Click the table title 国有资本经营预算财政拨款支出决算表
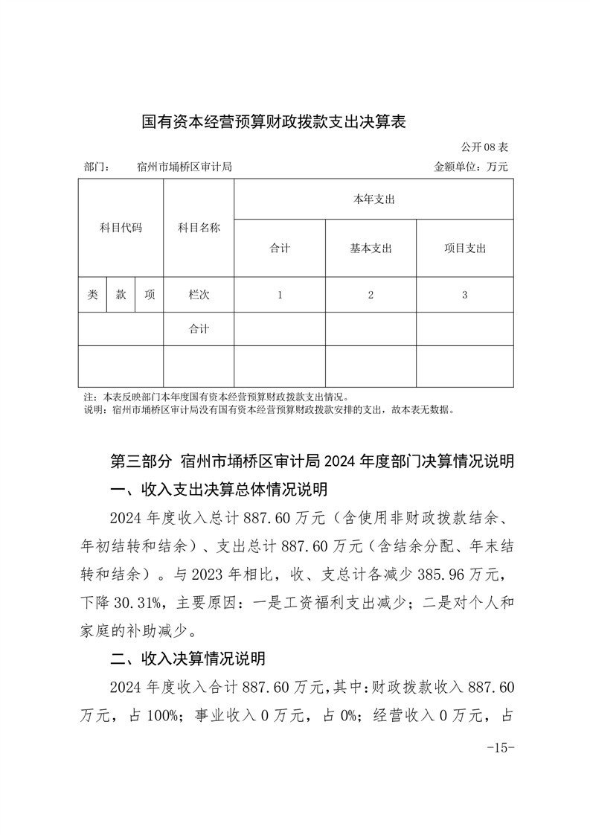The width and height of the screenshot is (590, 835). (x=273, y=122)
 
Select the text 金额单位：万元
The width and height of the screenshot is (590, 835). (x=470, y=167)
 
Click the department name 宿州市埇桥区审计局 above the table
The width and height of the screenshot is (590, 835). (x=185, y=167)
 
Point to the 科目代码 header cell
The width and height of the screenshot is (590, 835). (x=121, y=228)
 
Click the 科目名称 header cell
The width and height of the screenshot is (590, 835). (x=199, y=228)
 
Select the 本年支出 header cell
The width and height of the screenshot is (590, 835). (x=373, y=199)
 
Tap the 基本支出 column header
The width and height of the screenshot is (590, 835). (x=371, y=249)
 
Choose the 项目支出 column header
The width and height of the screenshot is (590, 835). (x=464, y=249)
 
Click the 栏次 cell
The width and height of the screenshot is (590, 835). (x=199, y=295)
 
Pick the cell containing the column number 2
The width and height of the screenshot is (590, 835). (x=371, y=295)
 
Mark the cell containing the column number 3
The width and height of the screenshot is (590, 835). (x=464, y=295)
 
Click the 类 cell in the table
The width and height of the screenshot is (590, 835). (x=92, y=295)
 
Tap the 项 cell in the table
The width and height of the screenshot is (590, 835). (x=150, y=295)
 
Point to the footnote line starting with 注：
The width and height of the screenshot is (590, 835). (x=216, y=397)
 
